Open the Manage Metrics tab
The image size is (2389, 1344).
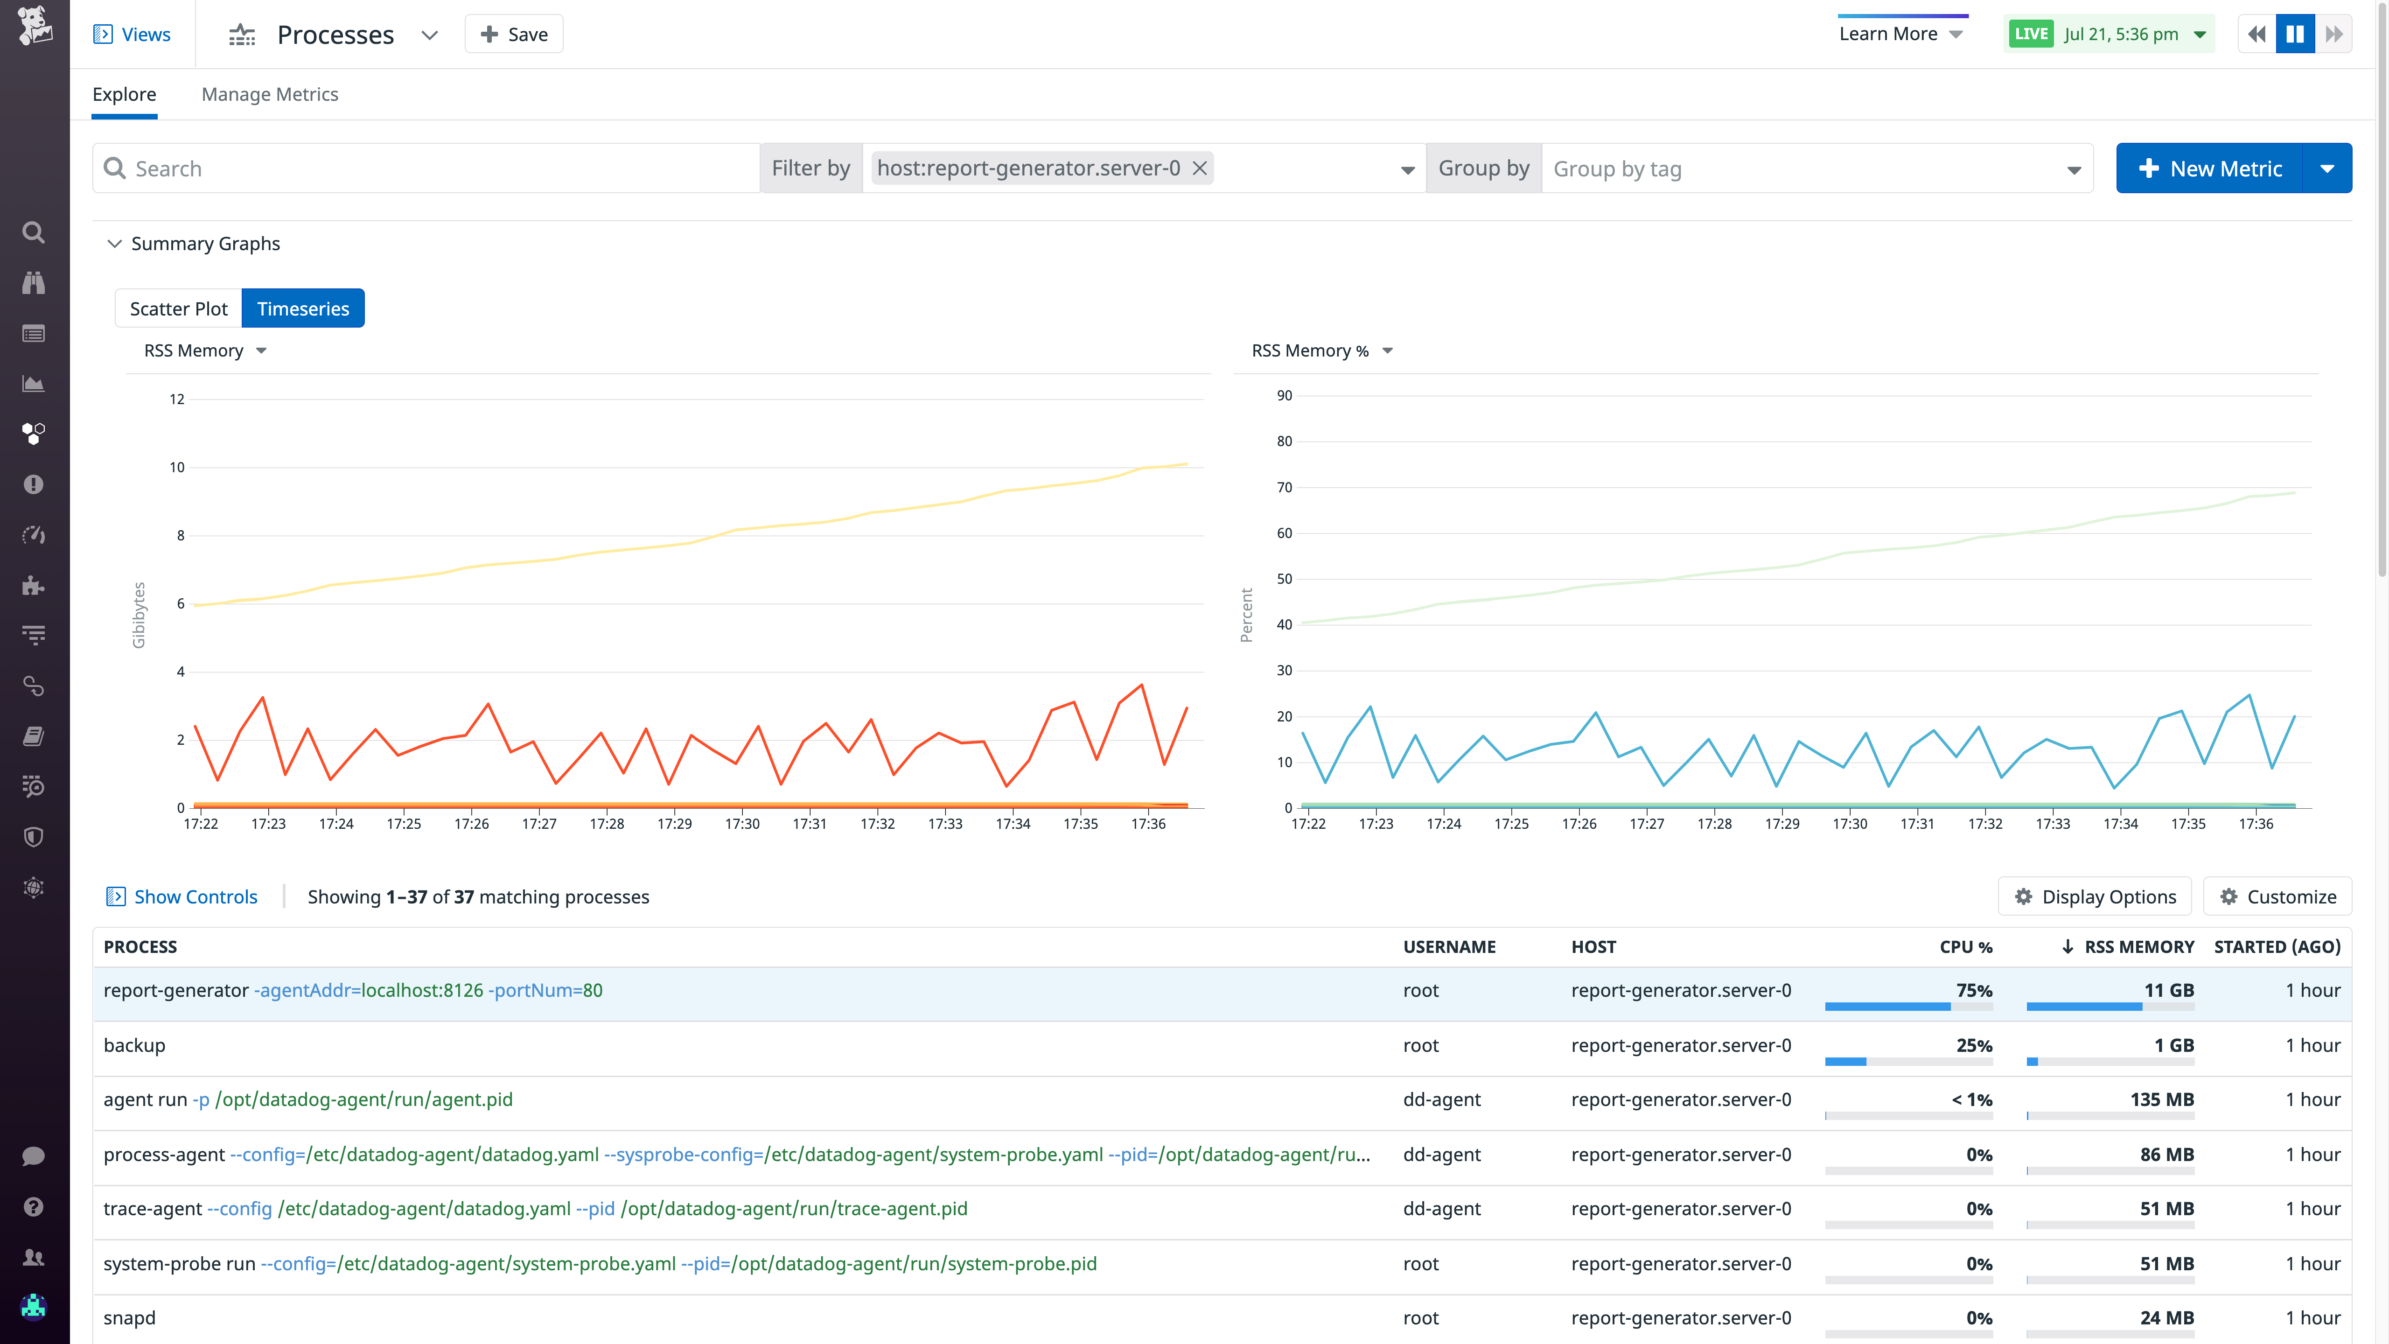(270, 95)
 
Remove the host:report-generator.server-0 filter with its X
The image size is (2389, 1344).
(1199, 168)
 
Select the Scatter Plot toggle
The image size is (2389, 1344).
(178, 309)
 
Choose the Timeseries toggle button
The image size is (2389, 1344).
(303, 309)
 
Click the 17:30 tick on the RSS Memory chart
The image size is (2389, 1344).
(742, 824)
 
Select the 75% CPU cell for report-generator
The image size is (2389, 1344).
(1974, 991)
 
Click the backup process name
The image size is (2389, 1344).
(134, 1045)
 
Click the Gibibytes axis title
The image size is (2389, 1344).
(139, 615)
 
